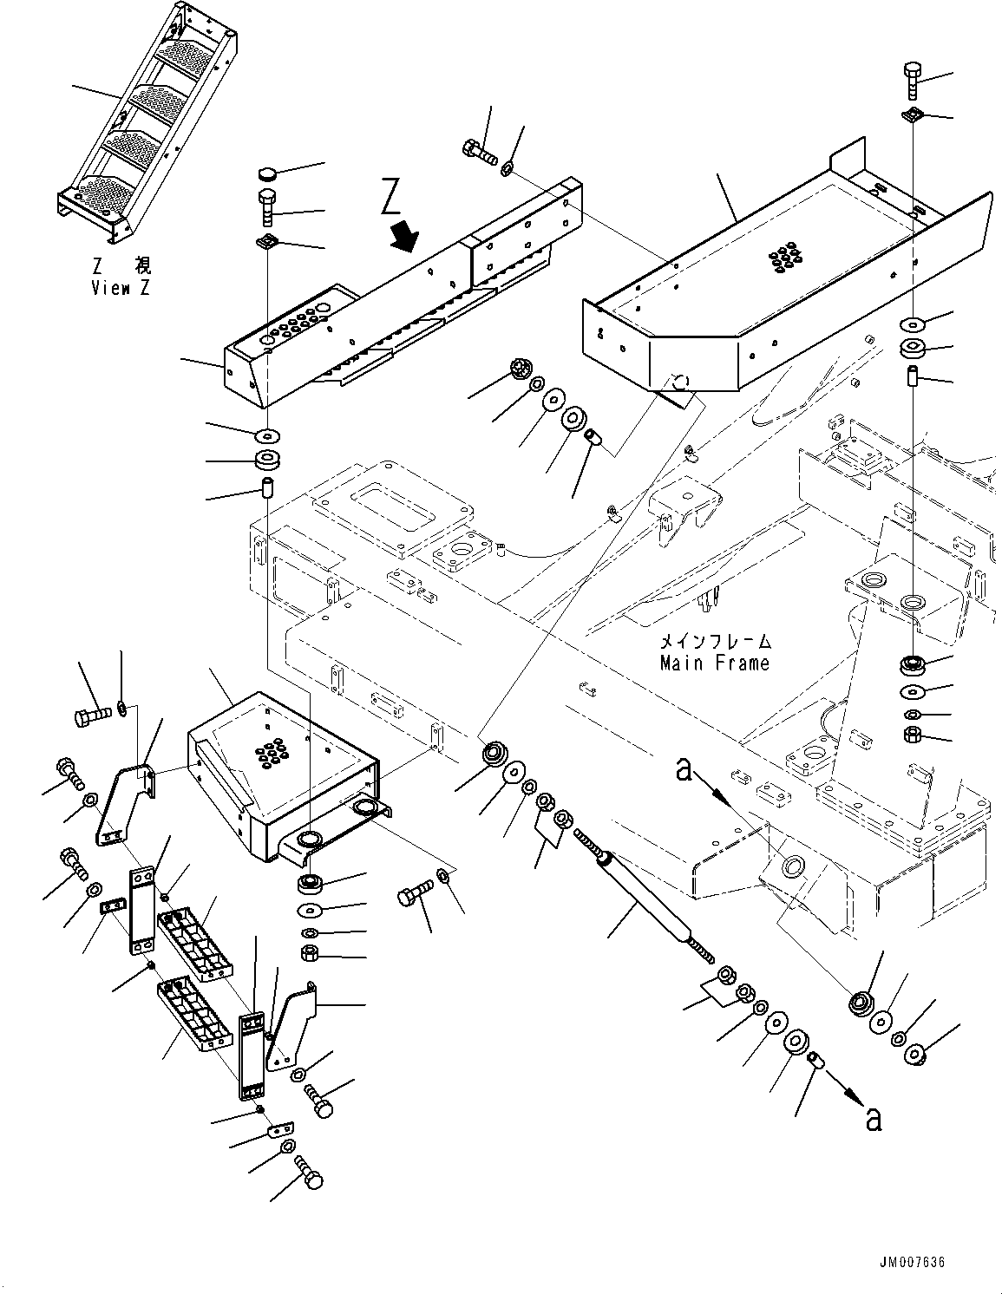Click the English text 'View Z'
pyautogui.click(x=120, y=289)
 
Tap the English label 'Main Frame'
pyautogui.click(x=714, y=663)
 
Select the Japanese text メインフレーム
pyautogui.click(x=714, y=643)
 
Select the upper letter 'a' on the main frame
pyautogui.click(x=684, y=768)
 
